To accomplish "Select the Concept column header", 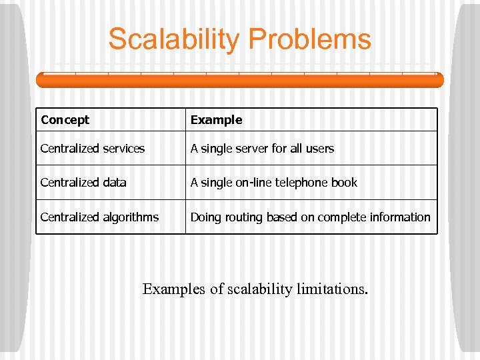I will coord(65,120).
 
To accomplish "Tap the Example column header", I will coord(216,120).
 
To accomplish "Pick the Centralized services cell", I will coord(92,149).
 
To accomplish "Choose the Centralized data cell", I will coord(83,183).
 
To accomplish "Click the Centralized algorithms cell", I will coord(99,217).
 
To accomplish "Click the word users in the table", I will coord(319,149).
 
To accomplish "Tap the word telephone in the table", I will coord(300,183).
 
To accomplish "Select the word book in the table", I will coord(345,183).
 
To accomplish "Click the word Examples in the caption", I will coord(174,289).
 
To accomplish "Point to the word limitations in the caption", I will coord(331,289).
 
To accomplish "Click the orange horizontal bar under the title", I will coord(239,80).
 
